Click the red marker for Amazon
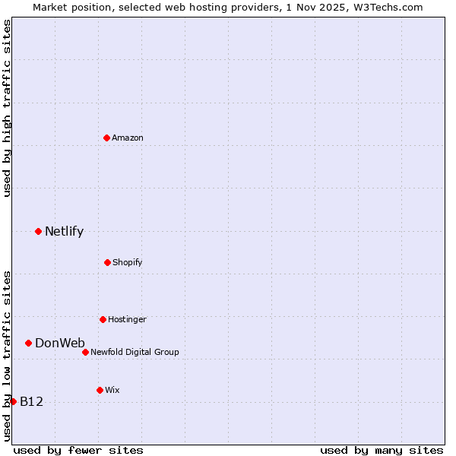tap(106, 138)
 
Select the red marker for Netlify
tap(38, 231)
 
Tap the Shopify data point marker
tap(107, 262)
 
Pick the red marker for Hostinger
tap(103, 319)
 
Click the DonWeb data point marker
tap(28, 343)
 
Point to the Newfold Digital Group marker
tap(85, 352)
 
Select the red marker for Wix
tap(100, 390)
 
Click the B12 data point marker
tap(13, 401)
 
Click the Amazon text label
tap(128, 138)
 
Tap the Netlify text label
tap(64, 231)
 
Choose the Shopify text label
tap(128, 262)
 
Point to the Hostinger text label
tap(127, 319)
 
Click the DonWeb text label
tap(60, 343)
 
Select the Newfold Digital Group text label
tap(135, 352)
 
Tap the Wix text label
tap(112, 390)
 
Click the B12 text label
tap(31, 401)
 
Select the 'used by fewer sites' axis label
tap(78, 450)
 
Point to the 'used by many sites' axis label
tap(382, 450)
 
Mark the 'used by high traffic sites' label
tap(7, 108)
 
